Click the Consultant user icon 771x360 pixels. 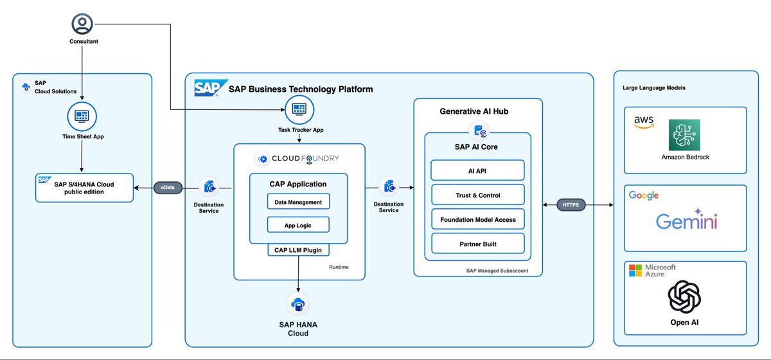click(82, 24)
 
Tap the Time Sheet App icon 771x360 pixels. click(82, 116)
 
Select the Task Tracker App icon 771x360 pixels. click(299, 109)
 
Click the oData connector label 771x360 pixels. click(168, 188)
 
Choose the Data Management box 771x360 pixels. click(298, 201)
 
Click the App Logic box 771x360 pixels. click(298, 224)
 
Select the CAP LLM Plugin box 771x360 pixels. click(299, 249)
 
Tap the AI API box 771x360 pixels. click(477, 170)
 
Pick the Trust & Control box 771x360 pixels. click(477, 195)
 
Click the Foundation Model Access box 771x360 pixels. click(477, 219)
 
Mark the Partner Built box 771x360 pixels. click(477, 244)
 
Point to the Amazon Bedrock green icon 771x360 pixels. click(684, 134)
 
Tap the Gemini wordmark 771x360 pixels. click(686, 222)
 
